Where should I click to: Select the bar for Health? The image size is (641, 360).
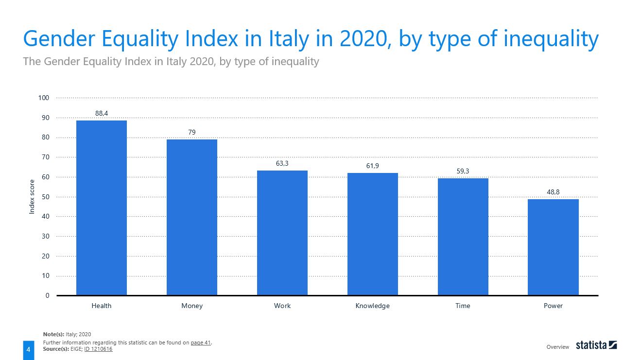102,207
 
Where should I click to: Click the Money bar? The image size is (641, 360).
192,217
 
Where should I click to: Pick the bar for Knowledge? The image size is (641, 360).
372,234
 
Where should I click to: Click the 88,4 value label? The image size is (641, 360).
102,113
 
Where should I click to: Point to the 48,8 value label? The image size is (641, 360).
553,192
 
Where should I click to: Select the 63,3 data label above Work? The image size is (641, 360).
282,164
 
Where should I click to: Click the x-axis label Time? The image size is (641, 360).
463,306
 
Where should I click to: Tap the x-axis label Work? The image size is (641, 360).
282,306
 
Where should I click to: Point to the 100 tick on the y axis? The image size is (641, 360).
44,98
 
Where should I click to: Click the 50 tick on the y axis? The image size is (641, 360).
46,197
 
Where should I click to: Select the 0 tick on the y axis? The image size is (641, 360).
47,295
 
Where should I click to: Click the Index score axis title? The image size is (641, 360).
32,197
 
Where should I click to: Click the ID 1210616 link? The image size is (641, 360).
98,349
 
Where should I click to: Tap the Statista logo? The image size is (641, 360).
596,345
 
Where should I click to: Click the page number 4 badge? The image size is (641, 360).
28,350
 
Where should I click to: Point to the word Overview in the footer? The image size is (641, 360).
557,347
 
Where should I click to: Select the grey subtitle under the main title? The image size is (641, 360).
171,62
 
